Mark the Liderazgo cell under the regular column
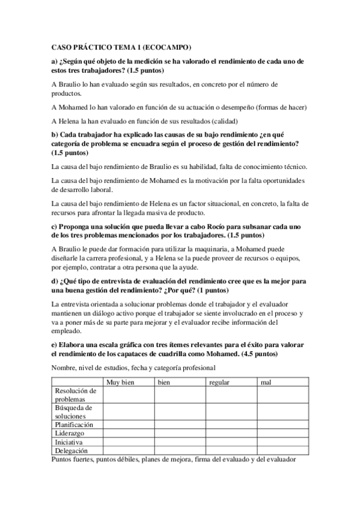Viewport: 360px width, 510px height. pos(231,432)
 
